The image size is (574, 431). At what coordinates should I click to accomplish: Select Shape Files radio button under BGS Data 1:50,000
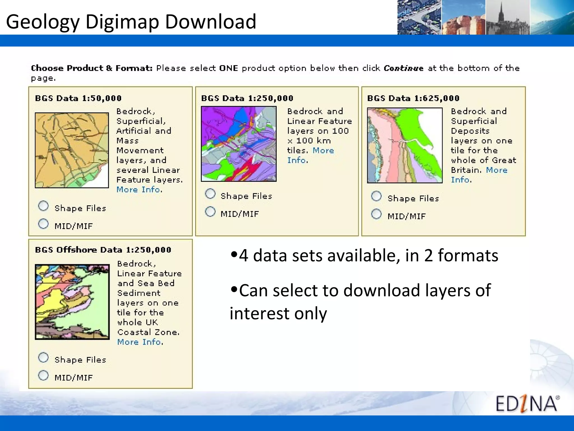[x=43, y=206]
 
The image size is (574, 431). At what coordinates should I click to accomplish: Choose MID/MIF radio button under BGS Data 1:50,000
[x=43, y=224]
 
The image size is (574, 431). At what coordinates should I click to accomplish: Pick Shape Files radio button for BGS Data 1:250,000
[x=210, y=194]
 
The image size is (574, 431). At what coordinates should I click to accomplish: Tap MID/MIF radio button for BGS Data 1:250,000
[x=210, y=212]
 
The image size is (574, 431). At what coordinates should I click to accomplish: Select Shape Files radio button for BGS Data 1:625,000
[x=376, y=196]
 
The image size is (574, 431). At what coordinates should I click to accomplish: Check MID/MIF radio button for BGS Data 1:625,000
[x=376, y=214]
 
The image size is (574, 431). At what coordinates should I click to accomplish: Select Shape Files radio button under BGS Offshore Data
[x=43, y=357]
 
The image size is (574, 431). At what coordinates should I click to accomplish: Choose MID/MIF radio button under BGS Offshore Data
[x=43, y=375]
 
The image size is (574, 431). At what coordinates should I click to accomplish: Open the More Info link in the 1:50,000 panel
[x=139, y=190]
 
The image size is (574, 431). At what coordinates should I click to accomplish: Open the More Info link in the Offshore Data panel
[x=140, y=342]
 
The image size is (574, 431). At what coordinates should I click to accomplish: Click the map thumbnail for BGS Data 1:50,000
[x=72, y=150]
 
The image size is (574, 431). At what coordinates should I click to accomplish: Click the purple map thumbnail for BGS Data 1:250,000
[x=239, y=144]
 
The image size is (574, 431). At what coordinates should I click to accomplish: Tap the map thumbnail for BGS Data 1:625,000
[x=405, y=145]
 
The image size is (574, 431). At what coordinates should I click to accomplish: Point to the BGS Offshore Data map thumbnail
[x=72, y=302]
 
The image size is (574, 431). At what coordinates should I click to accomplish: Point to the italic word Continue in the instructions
[x=403, y=68]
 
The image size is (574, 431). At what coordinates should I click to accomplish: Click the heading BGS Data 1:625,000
[x=413, y=98]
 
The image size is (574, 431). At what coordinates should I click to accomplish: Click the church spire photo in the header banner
[x=507, y=17]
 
